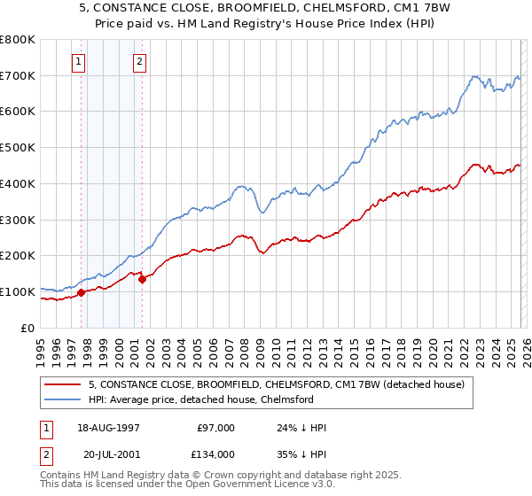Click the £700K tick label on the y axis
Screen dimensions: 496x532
click(x=18, y=75)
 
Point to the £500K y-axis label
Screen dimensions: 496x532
click(x=18, y=148)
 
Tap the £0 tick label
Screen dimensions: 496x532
click(x=28, y=328)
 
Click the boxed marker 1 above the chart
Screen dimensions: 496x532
click(x=80, y=62)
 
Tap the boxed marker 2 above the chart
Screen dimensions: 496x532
click(x=140, y=62)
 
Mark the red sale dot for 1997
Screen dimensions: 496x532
click(x=81, y=292)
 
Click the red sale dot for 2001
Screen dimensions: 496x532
click(x=142, y=279)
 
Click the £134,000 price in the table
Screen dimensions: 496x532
click(x=215, y=453)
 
